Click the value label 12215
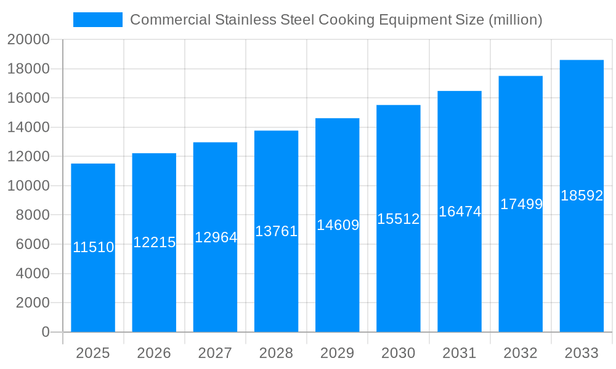[x=154, y=242]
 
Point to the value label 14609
[x=338, y=225]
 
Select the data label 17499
[x=521, y=204]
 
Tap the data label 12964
[x=216, y=237]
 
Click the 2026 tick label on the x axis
[x=154, y=353]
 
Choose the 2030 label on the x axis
[x=399, y=353]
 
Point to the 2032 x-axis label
[x=521, y=353]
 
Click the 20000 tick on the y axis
[x=28, y=40]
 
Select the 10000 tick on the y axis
[x=28, y=186]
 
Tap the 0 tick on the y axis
[x=45, y=332]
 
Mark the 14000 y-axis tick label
[x=28, y=127]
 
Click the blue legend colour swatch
[x=97, y=20]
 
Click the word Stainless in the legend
[x=242, y=20]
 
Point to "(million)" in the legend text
[x=515, y=20]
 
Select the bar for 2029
[x=338, y=277]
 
